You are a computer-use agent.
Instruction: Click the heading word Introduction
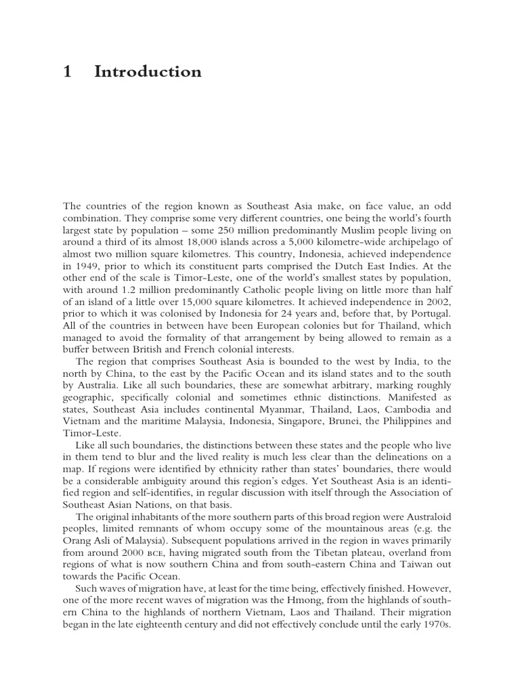[148, 72]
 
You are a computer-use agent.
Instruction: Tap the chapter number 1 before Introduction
[67, 72]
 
